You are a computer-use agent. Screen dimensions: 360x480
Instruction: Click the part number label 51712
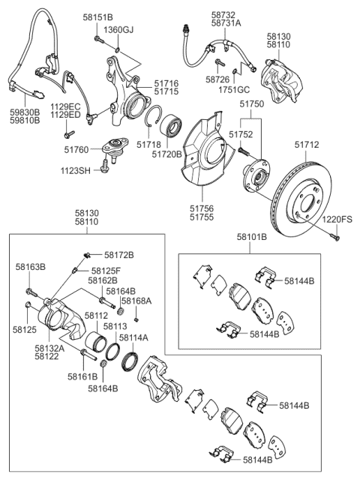[307, 145]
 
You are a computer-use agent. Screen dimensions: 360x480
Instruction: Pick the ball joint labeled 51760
[115, 148]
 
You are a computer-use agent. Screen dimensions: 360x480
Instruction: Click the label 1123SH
[76, 170]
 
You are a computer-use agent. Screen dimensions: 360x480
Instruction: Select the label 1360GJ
[118, 30]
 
